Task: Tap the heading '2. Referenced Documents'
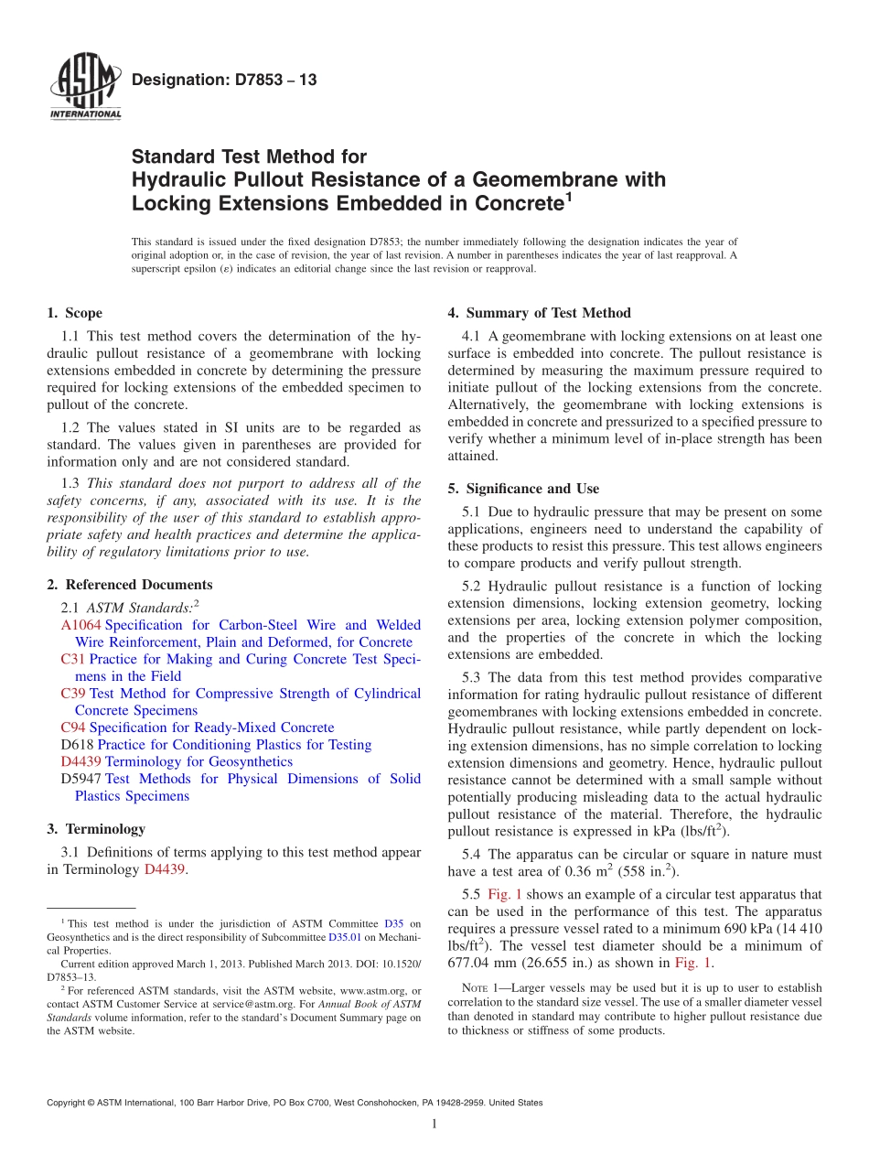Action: (x=129, y=585)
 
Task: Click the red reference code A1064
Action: (x=80, y=625)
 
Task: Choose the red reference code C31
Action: (x=72, y=659)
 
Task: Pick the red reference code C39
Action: (x=72, y=694)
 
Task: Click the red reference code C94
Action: (x=72, y=727)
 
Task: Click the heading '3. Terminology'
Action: (x=95, y=829)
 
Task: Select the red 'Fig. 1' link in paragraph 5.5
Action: (x=505, y=894)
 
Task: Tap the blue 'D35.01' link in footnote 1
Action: (x=345, y=937)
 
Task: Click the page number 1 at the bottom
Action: (x=434, y=1124)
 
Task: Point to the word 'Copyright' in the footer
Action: (x=66, y=1103)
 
